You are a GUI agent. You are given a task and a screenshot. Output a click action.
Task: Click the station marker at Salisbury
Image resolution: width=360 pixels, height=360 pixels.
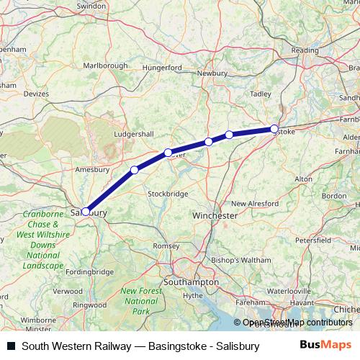point(86,212)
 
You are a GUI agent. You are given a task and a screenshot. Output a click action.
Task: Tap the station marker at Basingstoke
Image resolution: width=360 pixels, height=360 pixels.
point(274,129)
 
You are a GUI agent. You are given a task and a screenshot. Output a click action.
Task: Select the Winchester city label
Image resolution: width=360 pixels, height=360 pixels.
point(215,215)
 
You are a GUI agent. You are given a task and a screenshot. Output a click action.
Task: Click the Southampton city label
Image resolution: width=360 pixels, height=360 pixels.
point(192,283)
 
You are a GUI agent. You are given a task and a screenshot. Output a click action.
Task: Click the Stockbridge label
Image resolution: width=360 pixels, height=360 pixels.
point(168,194)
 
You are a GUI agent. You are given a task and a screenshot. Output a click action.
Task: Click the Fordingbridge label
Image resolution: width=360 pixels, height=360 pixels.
point(89,271)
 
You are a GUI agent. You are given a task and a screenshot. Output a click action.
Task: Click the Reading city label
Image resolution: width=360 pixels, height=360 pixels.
point(305,50)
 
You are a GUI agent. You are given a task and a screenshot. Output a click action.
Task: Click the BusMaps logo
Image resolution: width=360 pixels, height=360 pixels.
point(325,345)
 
